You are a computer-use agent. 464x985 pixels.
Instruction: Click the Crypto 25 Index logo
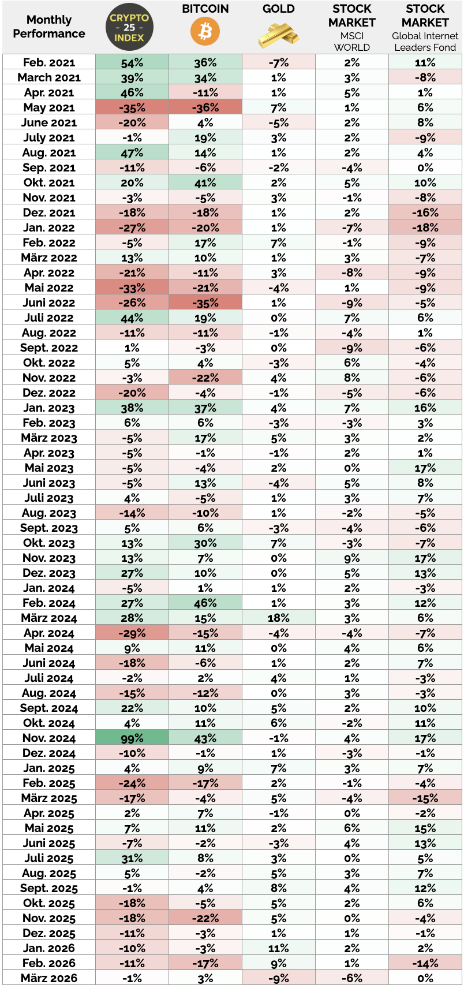coord(131,27)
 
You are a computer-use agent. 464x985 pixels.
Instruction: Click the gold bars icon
coord(279,35)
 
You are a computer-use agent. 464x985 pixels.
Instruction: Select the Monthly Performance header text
coord(49,27)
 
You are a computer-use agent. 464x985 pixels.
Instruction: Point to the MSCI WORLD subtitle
coord(351,42)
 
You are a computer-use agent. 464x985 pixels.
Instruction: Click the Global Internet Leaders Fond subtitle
coord(425,42)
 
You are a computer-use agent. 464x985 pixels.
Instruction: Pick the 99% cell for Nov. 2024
coord(132,738)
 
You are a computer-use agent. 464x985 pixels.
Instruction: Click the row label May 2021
coord(49,107)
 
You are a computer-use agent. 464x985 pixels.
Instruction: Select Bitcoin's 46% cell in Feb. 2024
coord(205,603)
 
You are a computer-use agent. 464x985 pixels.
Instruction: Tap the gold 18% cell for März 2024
coord(279,618)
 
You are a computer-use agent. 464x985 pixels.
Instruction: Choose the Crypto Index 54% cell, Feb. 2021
coord(132,62)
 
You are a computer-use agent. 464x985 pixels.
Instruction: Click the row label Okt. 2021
coord(49,182)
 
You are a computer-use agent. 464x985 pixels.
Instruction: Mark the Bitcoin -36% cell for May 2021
coord(205,107)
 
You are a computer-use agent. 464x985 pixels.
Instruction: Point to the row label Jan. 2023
coord(49,408)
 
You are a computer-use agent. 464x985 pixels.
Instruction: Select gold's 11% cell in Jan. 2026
coord(279,948)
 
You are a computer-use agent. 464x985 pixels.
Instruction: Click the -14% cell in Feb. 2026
coord(425,963)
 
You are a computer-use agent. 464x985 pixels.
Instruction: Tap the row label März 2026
coord(49,978)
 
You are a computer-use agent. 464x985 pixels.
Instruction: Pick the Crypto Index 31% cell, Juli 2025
coord(132,858)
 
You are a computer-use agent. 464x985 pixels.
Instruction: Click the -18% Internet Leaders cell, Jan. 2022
coord(425,227)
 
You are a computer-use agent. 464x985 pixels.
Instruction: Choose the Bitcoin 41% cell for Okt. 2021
coord(205,182)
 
